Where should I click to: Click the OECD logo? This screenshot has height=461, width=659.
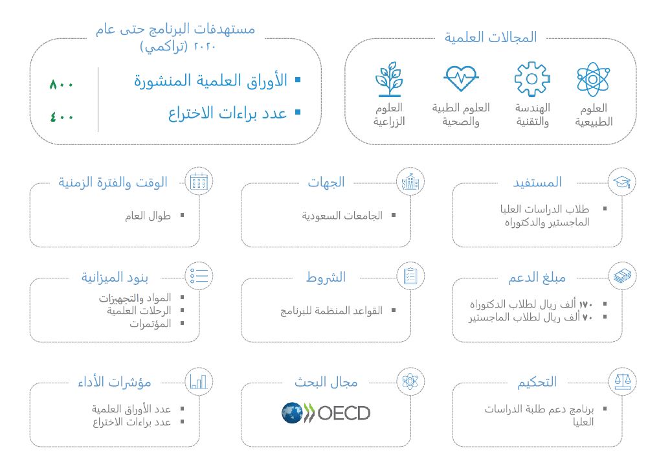pyautogui.click(x=326, y=412)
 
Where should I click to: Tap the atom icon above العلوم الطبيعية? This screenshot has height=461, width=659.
pyautogui.click(x=592, y=79)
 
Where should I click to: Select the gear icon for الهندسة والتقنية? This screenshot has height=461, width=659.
pyautogui.click(x=531, y=79)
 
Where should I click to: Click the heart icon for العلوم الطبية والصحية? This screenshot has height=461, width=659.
pyautogui.click(x=461, y=78)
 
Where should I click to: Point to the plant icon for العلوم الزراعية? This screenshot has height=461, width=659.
pyautogui.click(x=389, y=79)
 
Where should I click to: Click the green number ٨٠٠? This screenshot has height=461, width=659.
pyautogui.click(x=61, y=84)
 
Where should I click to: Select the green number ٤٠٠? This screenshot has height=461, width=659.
pyautogui.click(x=61, y=117)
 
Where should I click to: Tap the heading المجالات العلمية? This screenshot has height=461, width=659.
pyautogui.click(x=491, y=38)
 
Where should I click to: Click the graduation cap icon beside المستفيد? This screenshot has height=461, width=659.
pyautogui.click(x=621, y=182)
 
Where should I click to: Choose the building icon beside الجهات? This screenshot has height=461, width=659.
pyautogui.click(x=410, y=182)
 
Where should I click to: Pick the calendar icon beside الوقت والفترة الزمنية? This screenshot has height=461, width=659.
pyautogui.click(x=199, y=182)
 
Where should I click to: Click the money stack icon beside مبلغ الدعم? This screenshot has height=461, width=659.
pyautogui.click(x=622, y=276)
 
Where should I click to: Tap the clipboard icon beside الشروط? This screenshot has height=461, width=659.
pyautogui.click(x=410, y=276)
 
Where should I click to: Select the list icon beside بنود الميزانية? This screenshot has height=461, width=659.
pyautogui.click(x=199, y=276)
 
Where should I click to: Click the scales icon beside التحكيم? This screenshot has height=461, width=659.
pyautogui.click(x=623, y=381)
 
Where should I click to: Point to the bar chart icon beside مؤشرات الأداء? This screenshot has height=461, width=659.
pyautogui.click(x=199, y=381)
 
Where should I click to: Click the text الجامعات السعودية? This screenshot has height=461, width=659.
pyautogui.click(x=342, y=216)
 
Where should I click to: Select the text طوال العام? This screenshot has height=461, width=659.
pyautogui.click(x=148, y=216)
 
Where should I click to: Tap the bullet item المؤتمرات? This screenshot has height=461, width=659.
pyautogui.click(x=150, y=324)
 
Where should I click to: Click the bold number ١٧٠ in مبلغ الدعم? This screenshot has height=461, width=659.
pyautogui.click(x=585, y=304)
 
